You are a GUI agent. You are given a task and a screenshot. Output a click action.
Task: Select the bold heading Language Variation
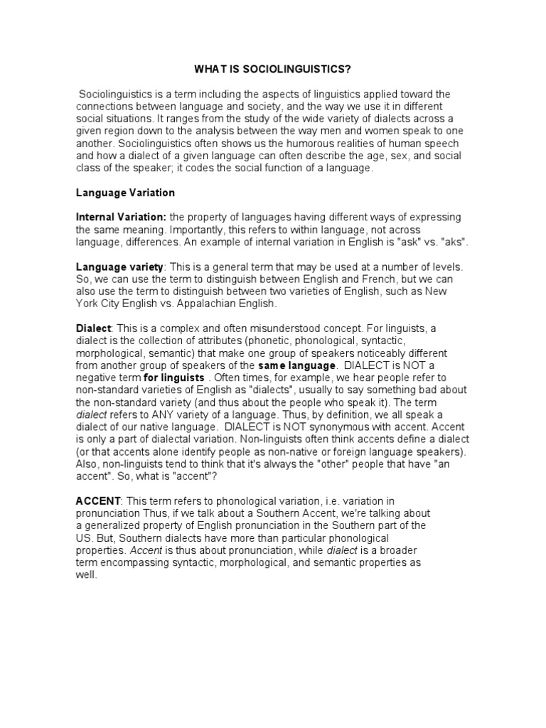pos(125,193)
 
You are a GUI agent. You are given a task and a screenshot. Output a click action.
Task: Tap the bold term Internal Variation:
pos(121,217)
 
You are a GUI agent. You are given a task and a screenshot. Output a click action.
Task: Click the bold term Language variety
pos(119,266)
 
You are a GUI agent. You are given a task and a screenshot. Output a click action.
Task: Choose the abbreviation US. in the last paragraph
pos(85,537)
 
